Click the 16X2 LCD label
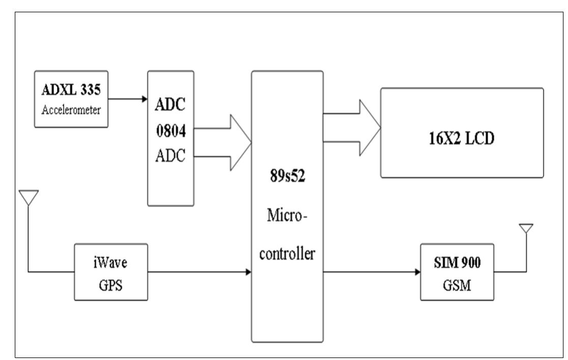pyautogui.click(x=462, y=139)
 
